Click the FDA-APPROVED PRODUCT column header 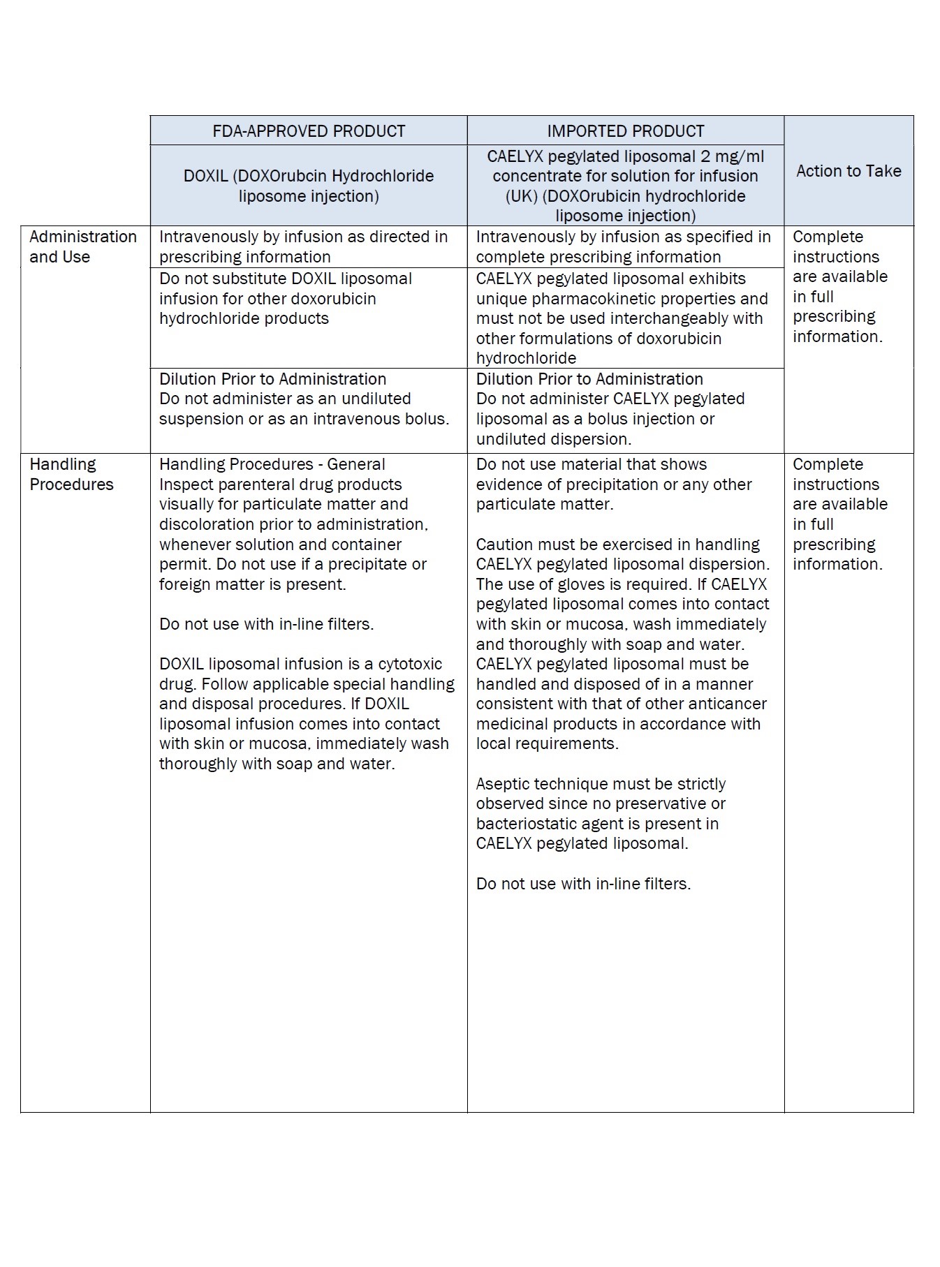[309, 131]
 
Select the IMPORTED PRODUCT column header [625, 131]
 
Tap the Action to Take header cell [849, 171]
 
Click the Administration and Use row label [83, 246]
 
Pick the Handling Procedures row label [71, 474]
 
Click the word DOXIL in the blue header [205, 176]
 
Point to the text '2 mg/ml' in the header [733, 156]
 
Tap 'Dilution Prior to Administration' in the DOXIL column [272, 379]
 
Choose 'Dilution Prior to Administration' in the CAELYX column [589, 379]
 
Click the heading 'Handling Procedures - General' [272, 464]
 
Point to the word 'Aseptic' [503, 784]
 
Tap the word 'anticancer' [727, 704]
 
